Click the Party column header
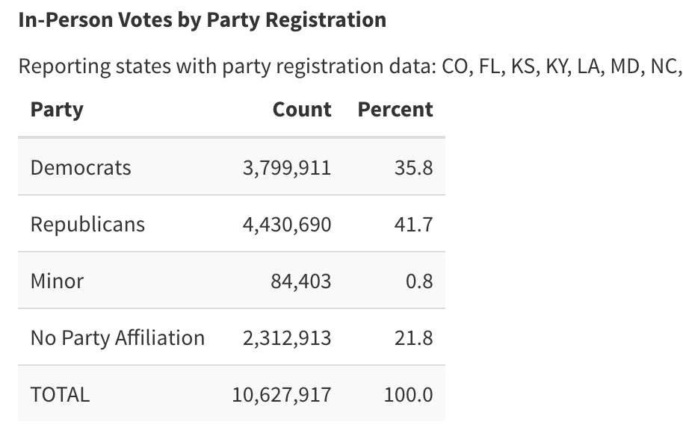[x=57, y=110]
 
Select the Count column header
[x=302, y=110]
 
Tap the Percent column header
[x=395, y=110]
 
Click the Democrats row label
[x=81, y=167]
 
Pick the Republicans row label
[x=87, y=224]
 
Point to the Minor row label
[x=57, y=281]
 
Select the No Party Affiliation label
[x=117, y=337]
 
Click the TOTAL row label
[x=60, y=394]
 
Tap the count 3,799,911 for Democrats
[x=287, y=167]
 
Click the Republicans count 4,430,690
[x=287, y=224]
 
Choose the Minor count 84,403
[x=301, y=281]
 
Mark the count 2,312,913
[x=287, y=337]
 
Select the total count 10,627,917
[x=281, y=394]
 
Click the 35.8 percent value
[x=413, y=167]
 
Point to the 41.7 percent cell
[x=413, y=224]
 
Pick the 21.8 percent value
[x=413, y=337]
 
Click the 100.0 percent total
[x=408, y=394]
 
